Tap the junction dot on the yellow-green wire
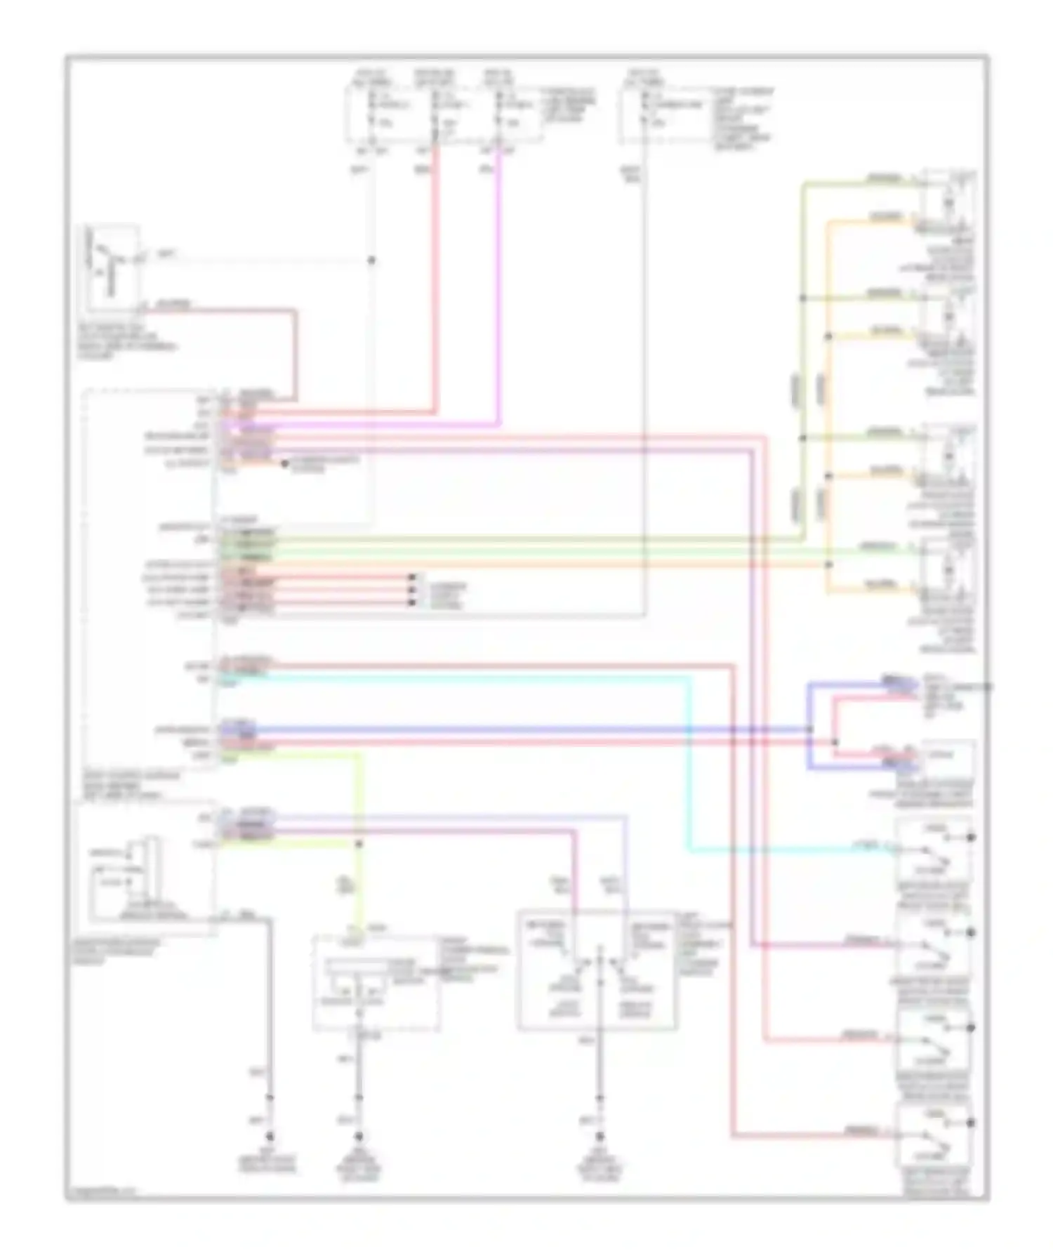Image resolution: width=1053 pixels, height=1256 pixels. [x=359, y=843]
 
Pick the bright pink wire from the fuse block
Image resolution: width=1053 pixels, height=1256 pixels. [x=499, y=281]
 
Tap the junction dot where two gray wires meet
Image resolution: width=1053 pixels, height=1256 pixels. [x=372, y=260]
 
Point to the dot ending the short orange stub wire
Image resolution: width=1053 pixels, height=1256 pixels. [x=284, y=464]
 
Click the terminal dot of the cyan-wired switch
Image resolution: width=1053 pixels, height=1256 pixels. [x=972, y=837]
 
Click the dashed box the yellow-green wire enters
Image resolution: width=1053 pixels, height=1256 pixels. [x=376, y=983]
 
